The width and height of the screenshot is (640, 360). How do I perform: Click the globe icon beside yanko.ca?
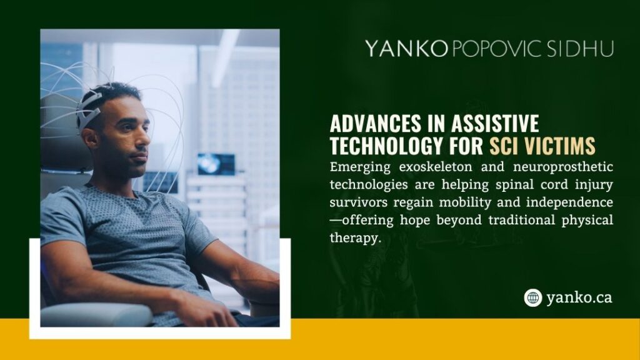[x=532, y=297]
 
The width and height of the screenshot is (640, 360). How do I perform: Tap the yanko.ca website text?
[x=579, y=298]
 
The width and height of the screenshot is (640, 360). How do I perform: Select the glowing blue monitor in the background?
[x=216, y=164]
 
